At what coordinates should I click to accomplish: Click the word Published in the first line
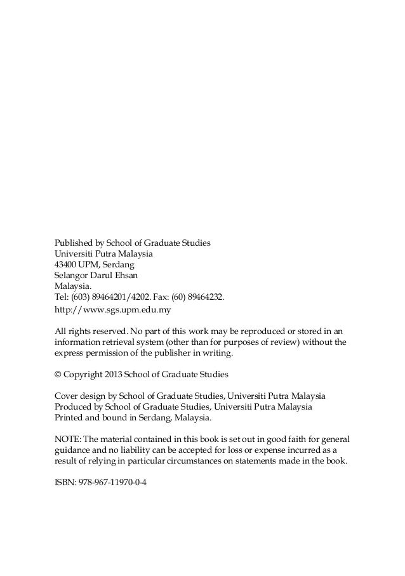coord(73,243)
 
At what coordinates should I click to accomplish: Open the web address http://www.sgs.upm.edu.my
coord(113,311)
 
